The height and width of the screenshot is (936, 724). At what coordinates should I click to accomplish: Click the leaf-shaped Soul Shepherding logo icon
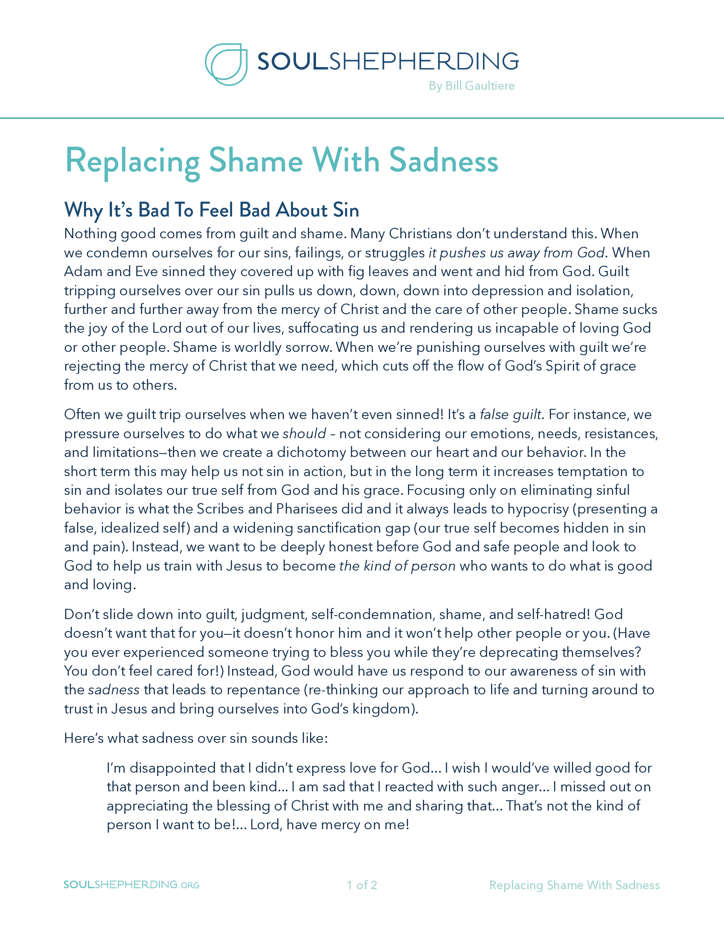click(226, 64)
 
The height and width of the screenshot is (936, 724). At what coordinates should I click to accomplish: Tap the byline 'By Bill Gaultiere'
click(471, 86)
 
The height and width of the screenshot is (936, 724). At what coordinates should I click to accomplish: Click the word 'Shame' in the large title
click(256, 161)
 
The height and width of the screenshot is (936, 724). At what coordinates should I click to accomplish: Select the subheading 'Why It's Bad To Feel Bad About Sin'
click(212, 210)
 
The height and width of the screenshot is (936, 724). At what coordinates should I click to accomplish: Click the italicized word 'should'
click(305, 434)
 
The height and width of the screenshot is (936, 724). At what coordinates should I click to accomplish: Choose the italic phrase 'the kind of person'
click(397, 566)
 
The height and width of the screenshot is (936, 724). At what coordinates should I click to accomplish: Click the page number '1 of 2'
click(362, 885)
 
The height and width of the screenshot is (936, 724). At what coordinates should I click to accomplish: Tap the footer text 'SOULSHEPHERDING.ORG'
click(131, 885)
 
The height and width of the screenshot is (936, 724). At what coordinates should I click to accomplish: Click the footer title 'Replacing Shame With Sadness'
click(575, 885)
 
